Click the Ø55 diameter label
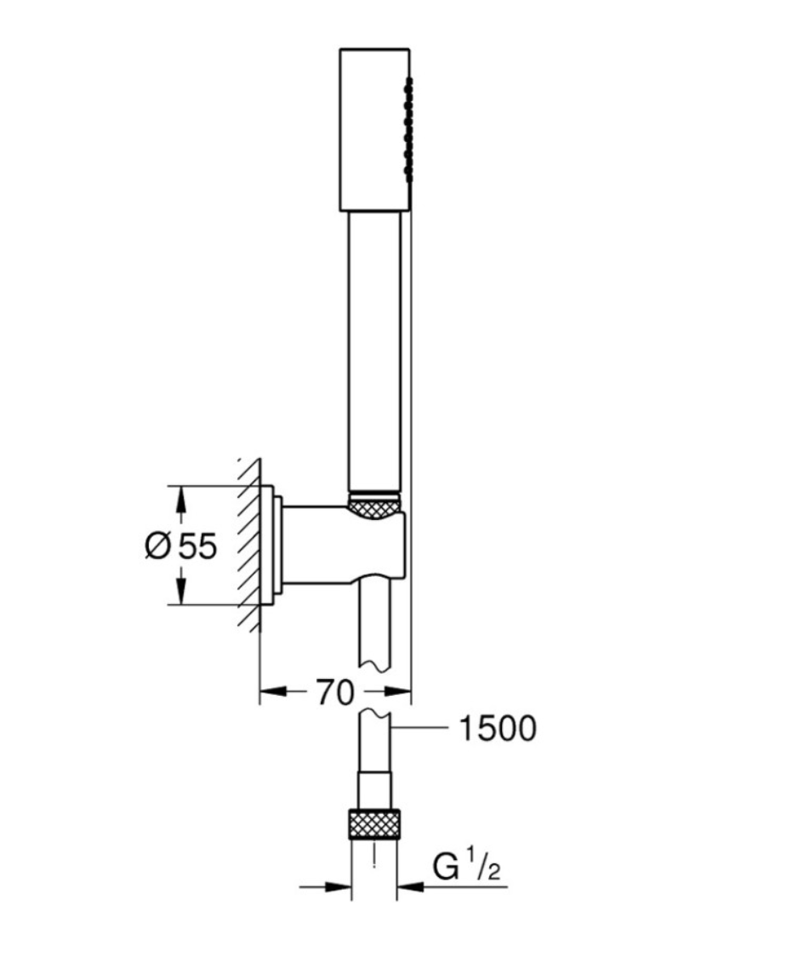point(181,546)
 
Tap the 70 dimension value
point(335,692)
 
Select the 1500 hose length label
point(498,728)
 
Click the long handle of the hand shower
point(374,352)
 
